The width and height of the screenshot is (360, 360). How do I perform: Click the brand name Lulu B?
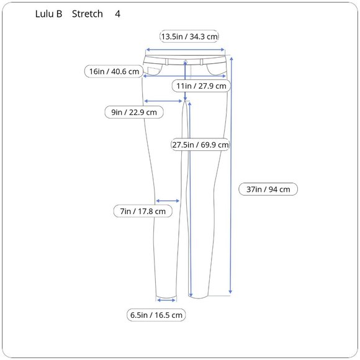click(x=49, y=14)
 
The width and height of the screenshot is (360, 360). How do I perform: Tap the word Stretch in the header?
click(x=87, y=14)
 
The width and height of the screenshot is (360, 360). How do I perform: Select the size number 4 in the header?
click(x=117, y=14)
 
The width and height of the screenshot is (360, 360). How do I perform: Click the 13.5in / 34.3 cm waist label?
click(x=189, y=37)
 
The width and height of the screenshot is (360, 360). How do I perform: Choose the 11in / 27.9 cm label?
click(x=201, y=86)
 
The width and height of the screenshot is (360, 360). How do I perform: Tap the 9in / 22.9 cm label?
click(x=134, y=112)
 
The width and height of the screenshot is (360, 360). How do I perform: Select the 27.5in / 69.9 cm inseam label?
click(x=200, y=145)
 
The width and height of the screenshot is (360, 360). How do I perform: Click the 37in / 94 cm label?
click(x=268, y=189)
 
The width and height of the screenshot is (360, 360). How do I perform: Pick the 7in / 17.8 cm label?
click(x=143, y=212)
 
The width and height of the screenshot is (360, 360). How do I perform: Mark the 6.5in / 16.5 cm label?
click(x=156, y=315)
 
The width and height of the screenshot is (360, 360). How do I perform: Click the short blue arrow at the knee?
click(x=168, y=200)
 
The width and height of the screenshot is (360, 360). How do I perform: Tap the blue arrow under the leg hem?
click(x=166, y=300)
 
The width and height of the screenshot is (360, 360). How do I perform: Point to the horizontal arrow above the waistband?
click(x=184, y=51)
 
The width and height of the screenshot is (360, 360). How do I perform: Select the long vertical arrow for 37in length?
click(x=231, y=174)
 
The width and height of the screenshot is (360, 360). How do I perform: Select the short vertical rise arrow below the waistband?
click(x=185, y=81)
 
